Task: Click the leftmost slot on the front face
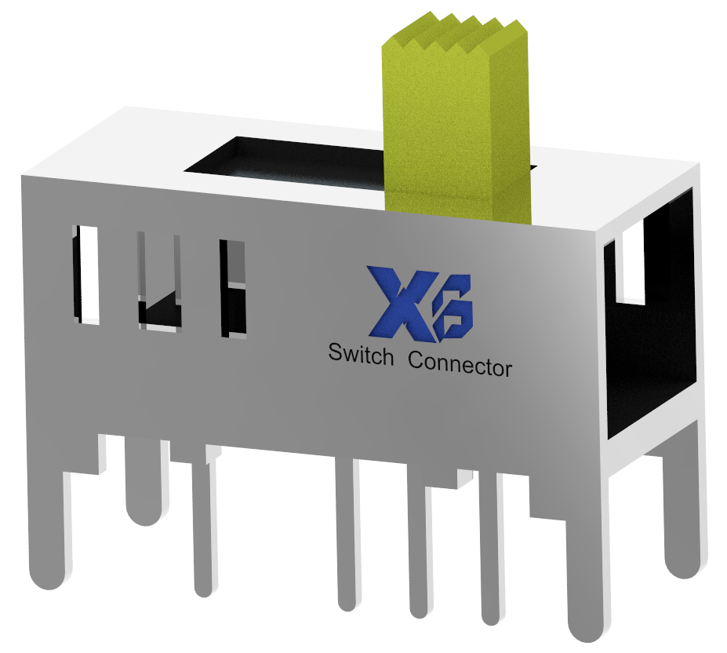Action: pyautogui.click(x=86, y=275)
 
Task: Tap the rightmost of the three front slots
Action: pyautogui.click(x=233, y=289)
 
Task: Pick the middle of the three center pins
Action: pyautogui.click(x=419, y=549)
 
